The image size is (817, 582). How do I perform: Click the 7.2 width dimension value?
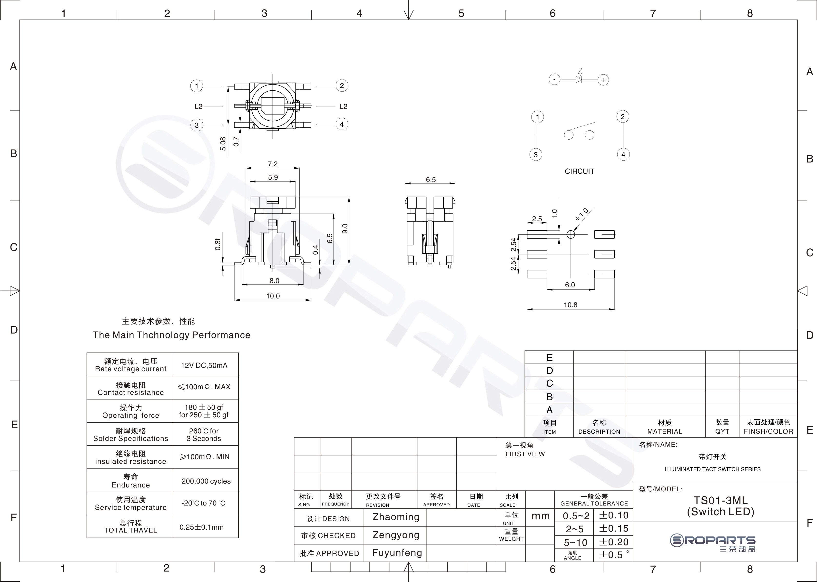tap(273, 164)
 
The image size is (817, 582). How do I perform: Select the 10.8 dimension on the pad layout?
tap(570, 305)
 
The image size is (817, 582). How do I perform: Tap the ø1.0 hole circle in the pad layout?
tap(570, 234)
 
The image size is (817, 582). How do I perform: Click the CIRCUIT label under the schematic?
tap(579, 171)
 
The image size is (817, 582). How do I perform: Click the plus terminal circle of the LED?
tap(603, 80)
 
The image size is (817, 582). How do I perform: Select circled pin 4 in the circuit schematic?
tap(623, 154)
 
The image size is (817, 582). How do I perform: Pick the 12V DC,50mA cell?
tap(204, 365)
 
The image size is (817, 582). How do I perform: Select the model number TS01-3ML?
tap(720, 500)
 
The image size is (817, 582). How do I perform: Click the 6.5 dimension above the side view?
tap(431, 180)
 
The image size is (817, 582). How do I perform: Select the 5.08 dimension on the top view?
tap(223, 144)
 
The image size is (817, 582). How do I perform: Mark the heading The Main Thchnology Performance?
tap(171, 335)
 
